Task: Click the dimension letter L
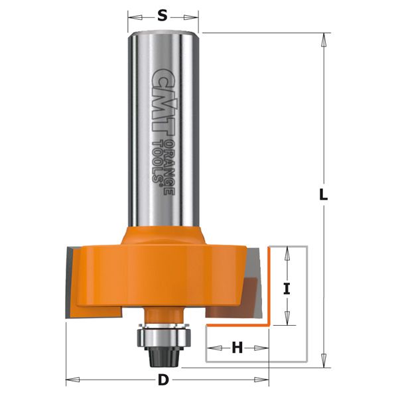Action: coord(323,196)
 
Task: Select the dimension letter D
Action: coord(163,380)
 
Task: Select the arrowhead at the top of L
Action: coord(323,38)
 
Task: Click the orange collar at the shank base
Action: coord(163,235)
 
